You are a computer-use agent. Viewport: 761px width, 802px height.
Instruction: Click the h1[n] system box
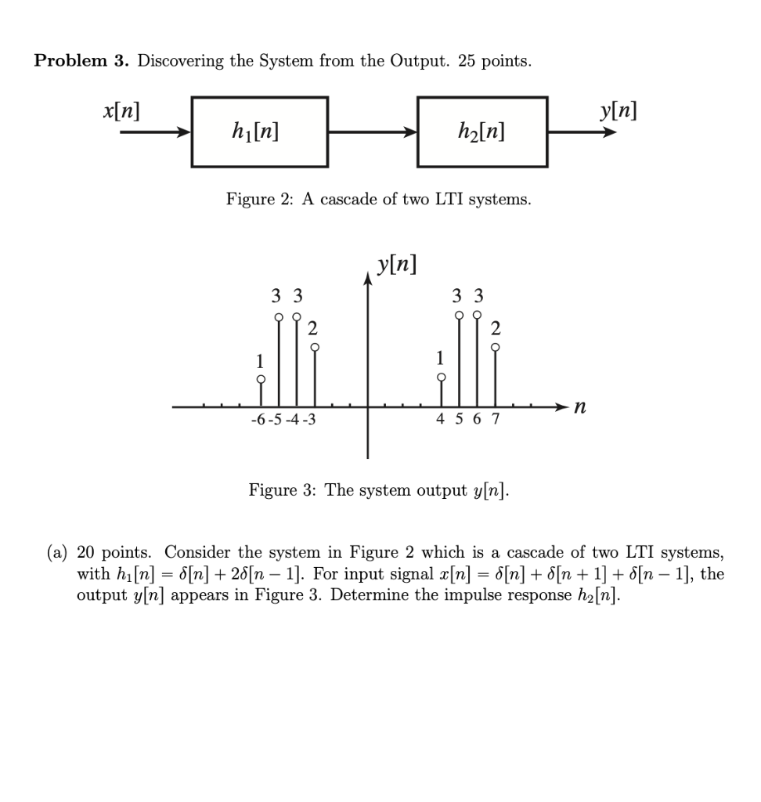259,132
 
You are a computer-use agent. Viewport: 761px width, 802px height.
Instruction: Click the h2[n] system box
482,132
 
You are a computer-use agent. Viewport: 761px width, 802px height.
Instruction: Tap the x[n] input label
121,111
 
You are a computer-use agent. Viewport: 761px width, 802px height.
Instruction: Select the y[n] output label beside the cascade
619,111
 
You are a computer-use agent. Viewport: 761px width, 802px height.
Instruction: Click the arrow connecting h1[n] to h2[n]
372,132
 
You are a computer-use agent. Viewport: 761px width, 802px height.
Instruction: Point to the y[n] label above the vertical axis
395,265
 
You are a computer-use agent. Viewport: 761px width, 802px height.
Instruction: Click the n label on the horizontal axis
579,406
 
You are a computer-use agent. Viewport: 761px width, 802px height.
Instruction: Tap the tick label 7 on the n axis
495,421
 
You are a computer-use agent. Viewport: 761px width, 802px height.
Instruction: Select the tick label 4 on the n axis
441,421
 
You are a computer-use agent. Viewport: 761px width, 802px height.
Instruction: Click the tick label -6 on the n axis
258,421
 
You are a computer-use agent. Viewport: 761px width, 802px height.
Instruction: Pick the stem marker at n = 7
495,347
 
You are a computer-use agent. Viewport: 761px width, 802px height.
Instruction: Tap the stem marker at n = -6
261,380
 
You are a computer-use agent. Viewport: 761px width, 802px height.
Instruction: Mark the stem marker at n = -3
314,348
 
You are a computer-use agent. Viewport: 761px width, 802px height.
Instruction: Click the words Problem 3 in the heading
81,62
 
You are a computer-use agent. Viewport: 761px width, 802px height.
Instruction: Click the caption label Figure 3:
283,491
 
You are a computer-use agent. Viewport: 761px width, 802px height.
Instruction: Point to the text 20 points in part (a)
114,553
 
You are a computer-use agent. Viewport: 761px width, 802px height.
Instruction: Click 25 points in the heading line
494,62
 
